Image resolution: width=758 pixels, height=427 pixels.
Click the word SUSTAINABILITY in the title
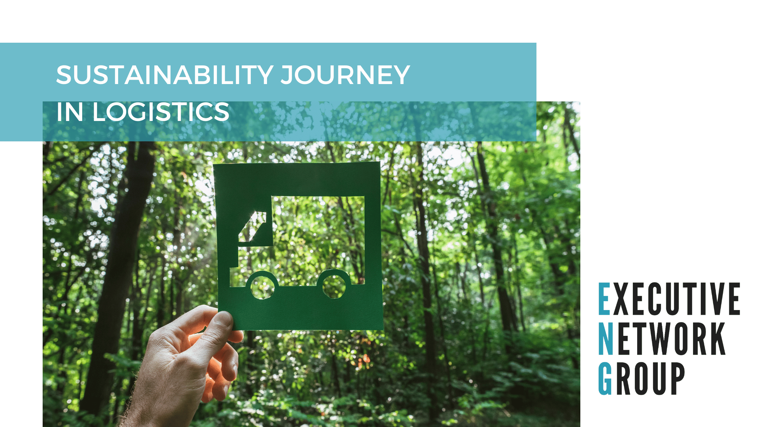165,75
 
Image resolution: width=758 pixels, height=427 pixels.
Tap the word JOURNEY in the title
345,75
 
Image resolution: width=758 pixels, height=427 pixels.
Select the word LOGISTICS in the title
161,112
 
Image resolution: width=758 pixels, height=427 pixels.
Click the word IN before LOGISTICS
70,112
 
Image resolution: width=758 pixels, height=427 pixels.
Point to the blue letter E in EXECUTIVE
604,299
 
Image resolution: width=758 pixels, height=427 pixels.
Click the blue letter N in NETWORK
606,339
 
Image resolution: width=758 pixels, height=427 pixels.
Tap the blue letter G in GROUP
605,379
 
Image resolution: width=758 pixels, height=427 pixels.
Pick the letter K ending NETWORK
717,339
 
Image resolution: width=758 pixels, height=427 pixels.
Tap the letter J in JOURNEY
288,75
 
